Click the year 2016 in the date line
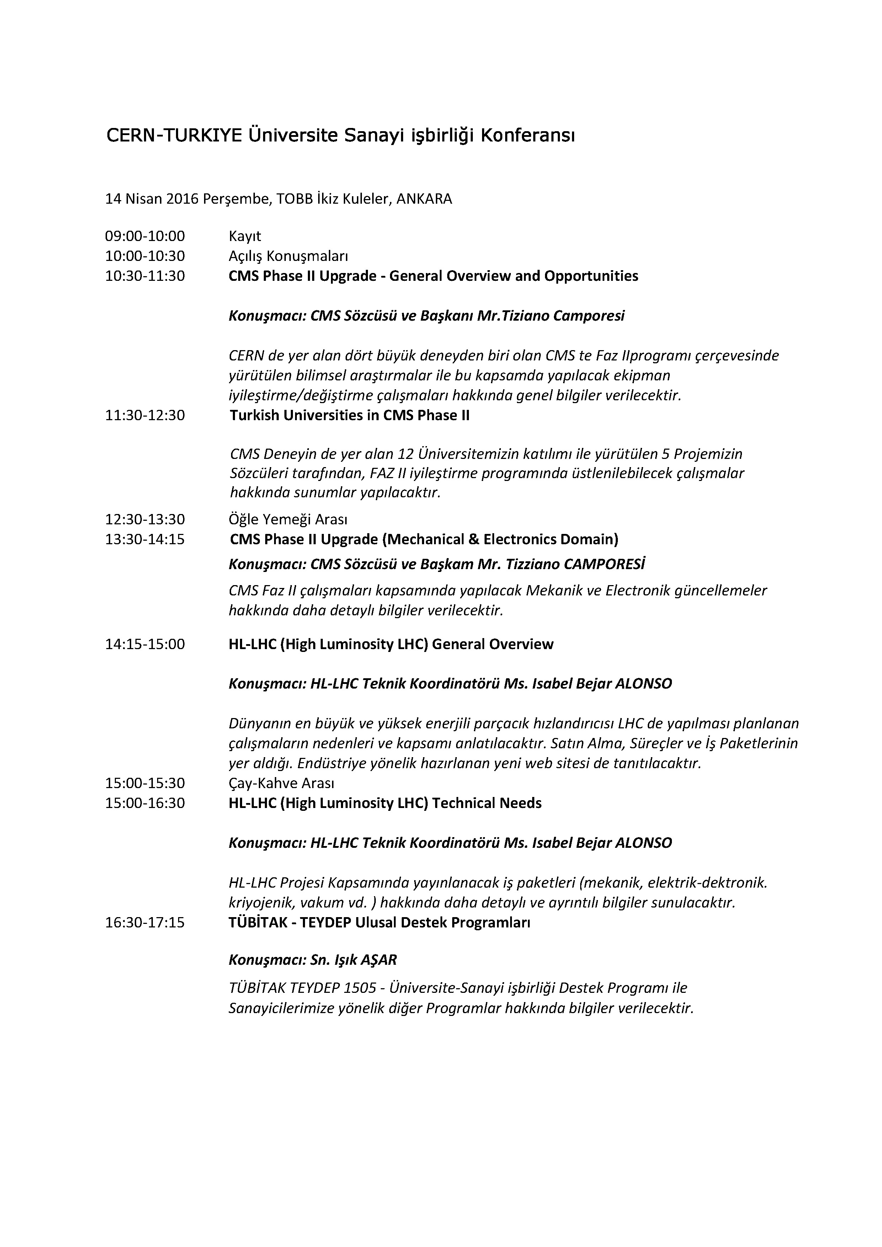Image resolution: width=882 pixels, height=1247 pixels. [x=182, y=199]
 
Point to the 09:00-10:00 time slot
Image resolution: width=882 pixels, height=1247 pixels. [x=145, y=236]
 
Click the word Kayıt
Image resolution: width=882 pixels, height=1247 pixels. [x=245, y=236]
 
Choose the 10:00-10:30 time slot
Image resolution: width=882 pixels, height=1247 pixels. [x=145, y=256]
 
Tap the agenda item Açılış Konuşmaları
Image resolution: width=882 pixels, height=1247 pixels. [x=288, y=256]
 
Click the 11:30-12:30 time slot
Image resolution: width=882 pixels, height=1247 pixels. [x=145, y=416]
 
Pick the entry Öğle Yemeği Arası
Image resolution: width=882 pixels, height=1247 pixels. [x=288, y=519]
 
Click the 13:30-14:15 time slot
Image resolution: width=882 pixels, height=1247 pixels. [x=145, y=539]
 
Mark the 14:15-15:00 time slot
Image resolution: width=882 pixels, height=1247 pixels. [x=145, y=644]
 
